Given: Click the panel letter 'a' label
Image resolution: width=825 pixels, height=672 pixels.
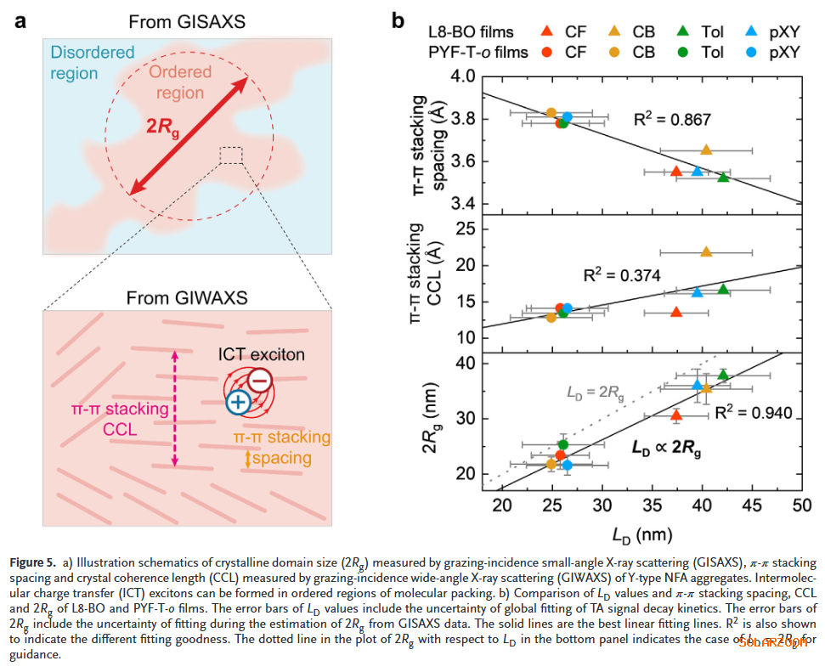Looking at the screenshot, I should [x=19, y=19].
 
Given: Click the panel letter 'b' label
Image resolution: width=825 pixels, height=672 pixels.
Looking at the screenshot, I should [x=398, y=19].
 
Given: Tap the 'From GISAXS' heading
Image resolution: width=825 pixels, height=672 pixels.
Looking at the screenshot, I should [x=187, y=20].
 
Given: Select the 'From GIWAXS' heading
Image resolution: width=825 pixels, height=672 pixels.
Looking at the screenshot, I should [x=187, y=298].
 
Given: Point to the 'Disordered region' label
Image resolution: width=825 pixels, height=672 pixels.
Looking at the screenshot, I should [x=92, y=63].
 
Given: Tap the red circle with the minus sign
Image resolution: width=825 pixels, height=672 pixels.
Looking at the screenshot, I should [x=261, y=381].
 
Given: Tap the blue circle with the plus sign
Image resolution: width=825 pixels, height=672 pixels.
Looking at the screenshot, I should [x=238, y=404].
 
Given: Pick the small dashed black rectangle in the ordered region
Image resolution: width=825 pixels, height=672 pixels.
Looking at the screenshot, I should [x=230, y=155].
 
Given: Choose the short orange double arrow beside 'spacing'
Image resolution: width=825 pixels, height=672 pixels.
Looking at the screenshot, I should [x=247, y=458].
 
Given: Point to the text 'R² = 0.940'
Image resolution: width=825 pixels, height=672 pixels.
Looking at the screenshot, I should [x=753, y=413].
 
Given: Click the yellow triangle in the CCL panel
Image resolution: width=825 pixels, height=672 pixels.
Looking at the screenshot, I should [x=706, y=251].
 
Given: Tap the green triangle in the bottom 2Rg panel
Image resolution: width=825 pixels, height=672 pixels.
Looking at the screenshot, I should [x=723, y=375].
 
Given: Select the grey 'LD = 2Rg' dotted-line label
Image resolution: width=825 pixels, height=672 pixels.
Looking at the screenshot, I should [x=596, y=392].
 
